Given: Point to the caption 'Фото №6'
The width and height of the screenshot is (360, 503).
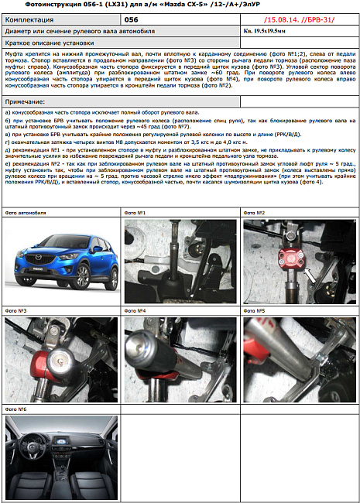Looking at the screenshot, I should point(16,409).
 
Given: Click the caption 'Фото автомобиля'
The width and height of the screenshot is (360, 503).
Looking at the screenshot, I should point(26,213).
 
